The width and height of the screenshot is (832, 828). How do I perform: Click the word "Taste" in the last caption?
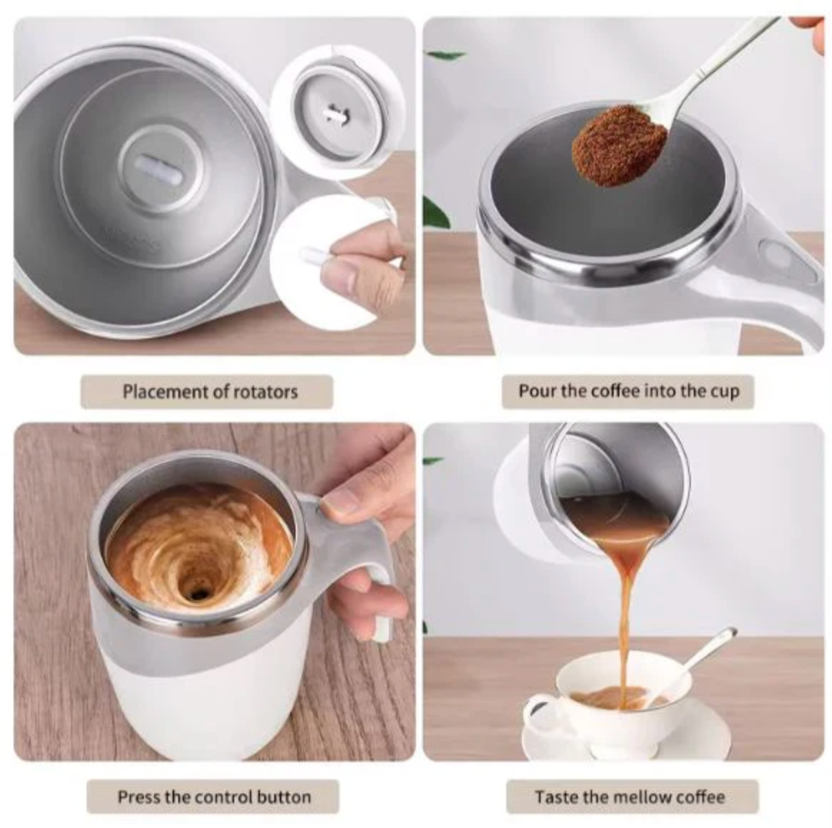(x=557, y=797)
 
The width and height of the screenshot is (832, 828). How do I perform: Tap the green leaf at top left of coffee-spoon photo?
(x=445, y=54)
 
